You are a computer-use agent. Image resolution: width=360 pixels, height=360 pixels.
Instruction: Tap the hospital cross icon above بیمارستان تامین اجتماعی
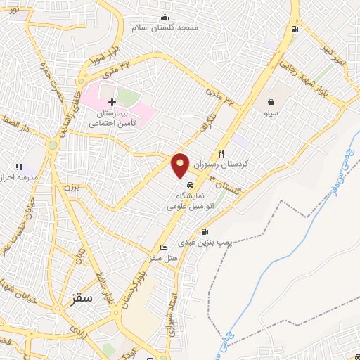point(112,102)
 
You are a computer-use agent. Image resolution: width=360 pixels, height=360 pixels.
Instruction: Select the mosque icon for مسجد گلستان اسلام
point(165,18)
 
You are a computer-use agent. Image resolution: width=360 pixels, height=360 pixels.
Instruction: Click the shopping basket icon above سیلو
point(271,102)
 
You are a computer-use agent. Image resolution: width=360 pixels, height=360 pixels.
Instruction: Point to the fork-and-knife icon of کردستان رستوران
point(221,153)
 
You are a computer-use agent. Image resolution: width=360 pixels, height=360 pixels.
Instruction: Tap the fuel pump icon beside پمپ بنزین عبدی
point(205,231)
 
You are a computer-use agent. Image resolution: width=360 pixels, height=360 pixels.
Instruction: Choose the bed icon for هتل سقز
point(164,247)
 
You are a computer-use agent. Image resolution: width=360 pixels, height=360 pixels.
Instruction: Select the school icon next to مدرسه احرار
point(19,167)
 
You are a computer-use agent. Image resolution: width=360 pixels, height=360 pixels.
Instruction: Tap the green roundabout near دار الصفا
point(53,145)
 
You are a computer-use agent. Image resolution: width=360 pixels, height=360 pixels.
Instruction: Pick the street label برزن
point(69,187)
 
